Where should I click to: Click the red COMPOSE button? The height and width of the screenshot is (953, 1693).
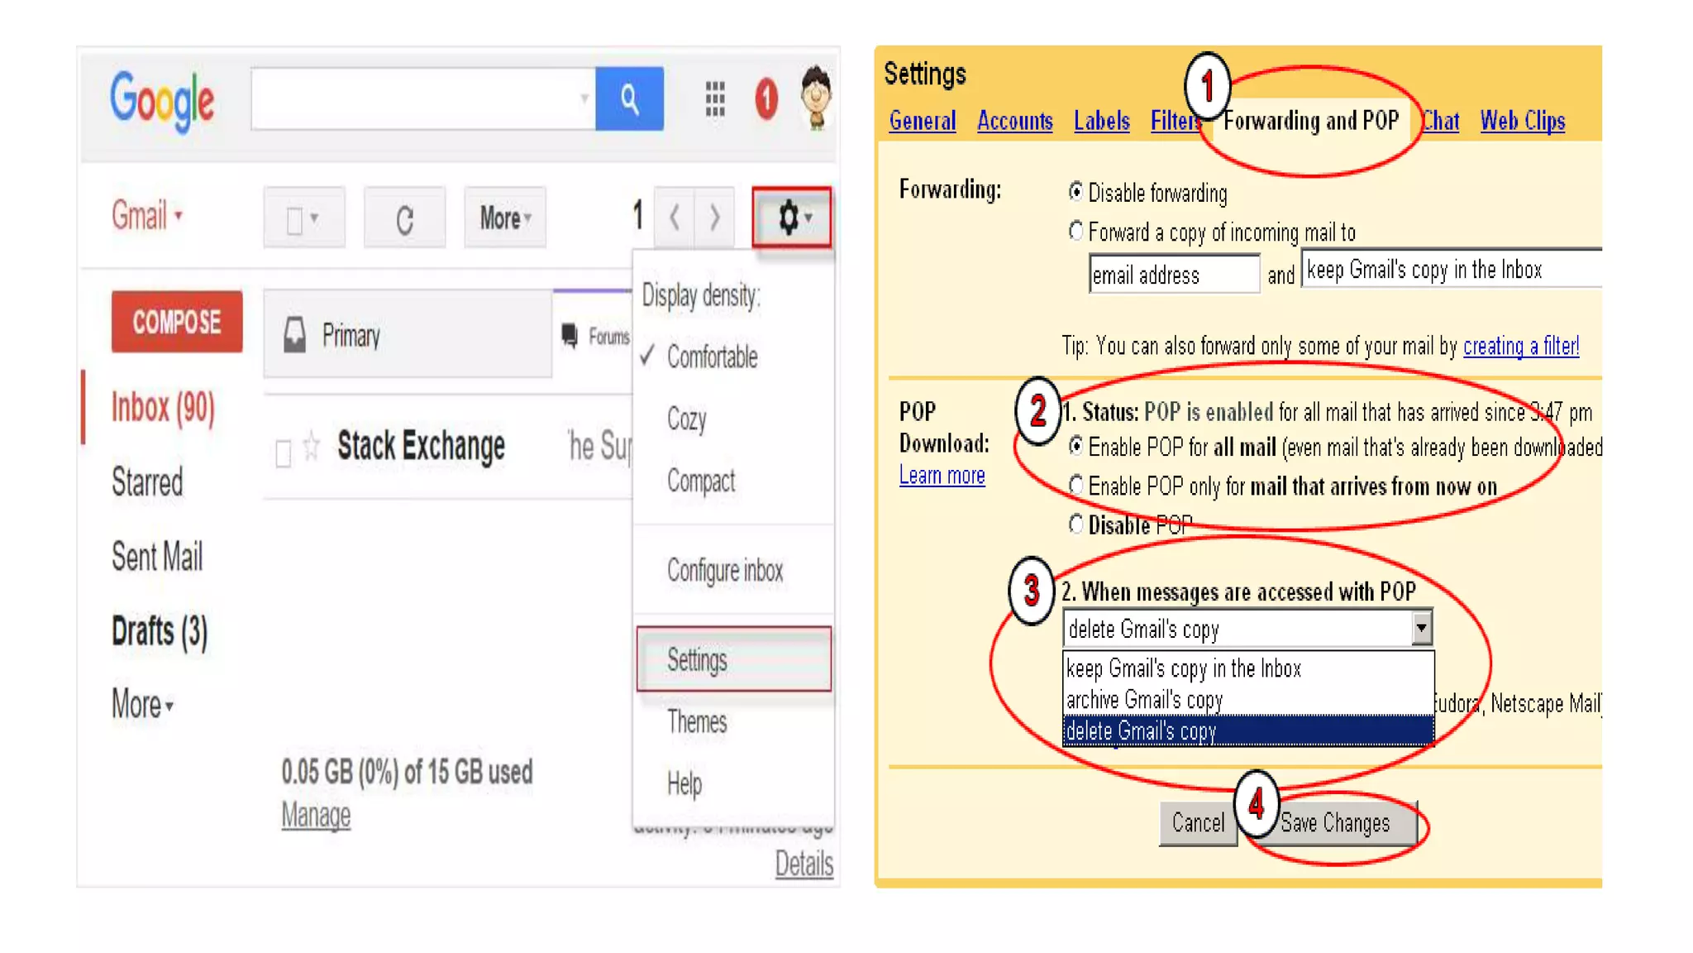177,322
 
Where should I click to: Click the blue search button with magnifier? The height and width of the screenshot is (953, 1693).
629,99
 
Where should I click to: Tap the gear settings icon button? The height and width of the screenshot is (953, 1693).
791,218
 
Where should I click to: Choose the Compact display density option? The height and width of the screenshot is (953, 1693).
701,481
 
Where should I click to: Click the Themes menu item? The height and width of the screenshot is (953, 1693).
697,721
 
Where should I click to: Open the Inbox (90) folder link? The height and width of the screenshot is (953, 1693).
163,407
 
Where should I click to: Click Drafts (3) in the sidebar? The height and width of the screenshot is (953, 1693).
160,631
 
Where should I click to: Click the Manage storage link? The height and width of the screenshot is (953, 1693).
316,815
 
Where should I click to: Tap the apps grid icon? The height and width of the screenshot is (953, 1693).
715,99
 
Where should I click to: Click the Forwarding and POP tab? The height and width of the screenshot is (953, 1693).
1310,121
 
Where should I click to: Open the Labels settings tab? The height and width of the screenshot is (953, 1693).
1101,121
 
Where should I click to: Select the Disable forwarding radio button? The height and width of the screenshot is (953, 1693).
1075,192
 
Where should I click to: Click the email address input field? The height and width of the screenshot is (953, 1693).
1174,275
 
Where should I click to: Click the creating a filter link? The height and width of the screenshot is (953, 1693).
1520,346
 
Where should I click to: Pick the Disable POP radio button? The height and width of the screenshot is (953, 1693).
1075,524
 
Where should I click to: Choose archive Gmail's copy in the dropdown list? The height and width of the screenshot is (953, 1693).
1144,700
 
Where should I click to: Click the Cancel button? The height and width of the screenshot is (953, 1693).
1198,823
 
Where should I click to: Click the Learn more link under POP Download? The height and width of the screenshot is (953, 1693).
942,476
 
